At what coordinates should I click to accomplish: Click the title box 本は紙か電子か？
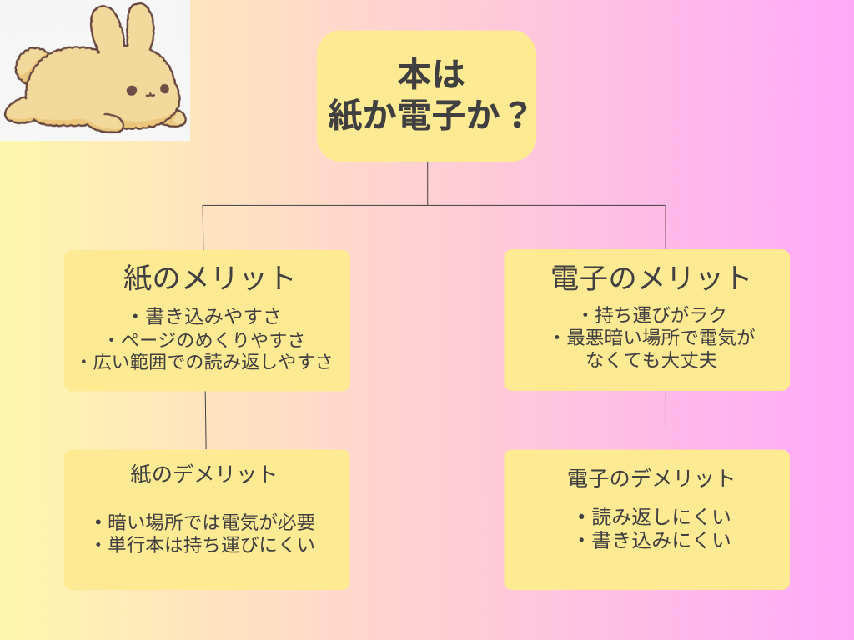pos(426,96)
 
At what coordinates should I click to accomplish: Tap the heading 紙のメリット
pos(209,277)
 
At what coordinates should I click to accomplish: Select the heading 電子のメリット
pos(651,277)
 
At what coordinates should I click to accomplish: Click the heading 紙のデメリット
pos(203,474)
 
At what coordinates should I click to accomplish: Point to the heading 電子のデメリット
pos(651,478)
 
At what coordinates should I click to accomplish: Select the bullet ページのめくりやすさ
pos(206,339)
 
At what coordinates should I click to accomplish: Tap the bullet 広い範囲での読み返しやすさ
pos(206,362)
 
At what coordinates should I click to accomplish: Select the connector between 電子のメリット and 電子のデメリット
pos(666,420)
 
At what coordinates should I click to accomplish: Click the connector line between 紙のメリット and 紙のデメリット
pos(205,420)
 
